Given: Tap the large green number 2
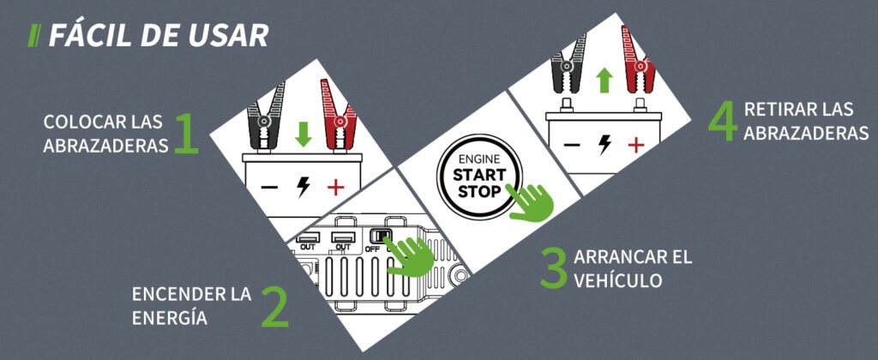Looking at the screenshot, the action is (x=275, y=307).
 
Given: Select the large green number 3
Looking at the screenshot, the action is (x=555, y=267).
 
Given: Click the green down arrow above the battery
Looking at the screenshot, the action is (x=304, y=135).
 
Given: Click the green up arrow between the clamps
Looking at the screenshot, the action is (x=604, y=80).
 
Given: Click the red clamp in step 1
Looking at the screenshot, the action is (x=338, y=116).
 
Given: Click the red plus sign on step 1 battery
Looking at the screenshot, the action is (x=336, y=188).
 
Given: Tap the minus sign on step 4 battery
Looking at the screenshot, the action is (x=572, y=146).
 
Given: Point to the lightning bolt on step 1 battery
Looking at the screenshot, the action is (x=303, y=187).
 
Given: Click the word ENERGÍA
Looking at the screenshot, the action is (x=170, y=318).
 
